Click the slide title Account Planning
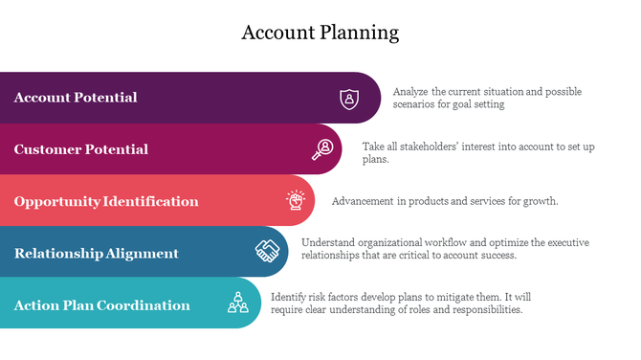[x=320, y=33]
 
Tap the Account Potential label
[x=76, y=98]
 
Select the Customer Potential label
[x=81, y=149]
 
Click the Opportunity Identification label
[x=106, y=201]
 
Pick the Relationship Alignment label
[x=97, y=253]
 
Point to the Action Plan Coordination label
[x=101, y=304]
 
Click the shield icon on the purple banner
[x=350, y=98]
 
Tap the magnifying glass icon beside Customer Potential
[x=322, y=149]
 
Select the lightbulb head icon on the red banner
[x=296, y=201]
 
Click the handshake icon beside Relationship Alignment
[x=267, y=252]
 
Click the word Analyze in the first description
[x=411, y=92]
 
